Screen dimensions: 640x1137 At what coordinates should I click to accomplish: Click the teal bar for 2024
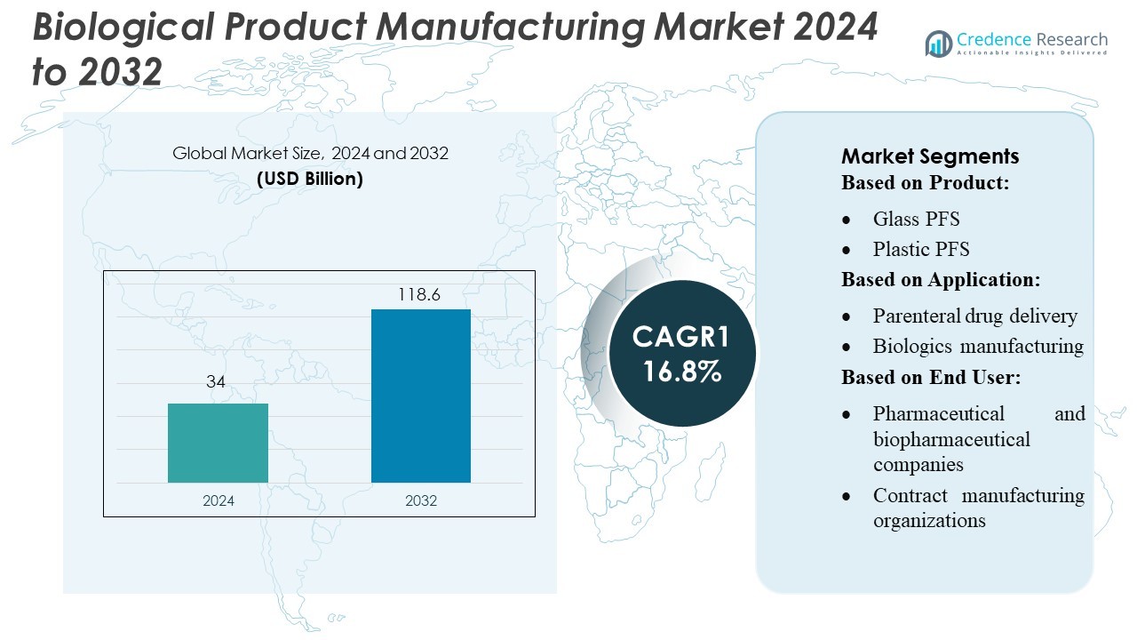click(x=218, y=443)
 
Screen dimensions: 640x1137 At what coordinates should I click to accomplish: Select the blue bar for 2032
click(x=420, y=396)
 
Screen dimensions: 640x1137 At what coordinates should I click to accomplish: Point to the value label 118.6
click(x=419, y=294)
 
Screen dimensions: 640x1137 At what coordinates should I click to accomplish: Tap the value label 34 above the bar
click(x=216, y=382)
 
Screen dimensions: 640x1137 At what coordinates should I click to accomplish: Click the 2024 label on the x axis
click(x=219, y=500)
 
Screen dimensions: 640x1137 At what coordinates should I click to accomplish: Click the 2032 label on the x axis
click(x=421, y=500)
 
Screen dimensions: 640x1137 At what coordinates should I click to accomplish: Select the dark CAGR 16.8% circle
click(x=681, y=354)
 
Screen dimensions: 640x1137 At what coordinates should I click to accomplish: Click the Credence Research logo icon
click(x=938, y=44)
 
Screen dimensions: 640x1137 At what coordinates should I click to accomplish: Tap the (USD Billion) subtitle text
click(x=310, y=178)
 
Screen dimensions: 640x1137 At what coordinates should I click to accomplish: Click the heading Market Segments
click(x=929, y=156)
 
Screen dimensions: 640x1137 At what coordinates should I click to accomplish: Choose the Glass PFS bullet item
click(x=916, y=219)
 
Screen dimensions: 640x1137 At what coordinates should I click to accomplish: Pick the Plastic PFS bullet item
click(x=921, y=249)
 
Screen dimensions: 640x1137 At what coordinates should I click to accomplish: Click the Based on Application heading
click(x=940, y=279)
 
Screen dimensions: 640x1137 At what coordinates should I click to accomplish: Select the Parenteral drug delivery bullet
click(x=974, y=316)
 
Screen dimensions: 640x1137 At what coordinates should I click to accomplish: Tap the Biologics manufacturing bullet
click(x=978, y=346)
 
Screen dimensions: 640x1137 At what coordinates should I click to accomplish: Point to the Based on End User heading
click(x=930, y=377)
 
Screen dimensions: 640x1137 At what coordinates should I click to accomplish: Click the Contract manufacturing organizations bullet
click(x=978, y=508)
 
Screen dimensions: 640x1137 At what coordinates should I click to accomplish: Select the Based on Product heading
click(x=926, y=183)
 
